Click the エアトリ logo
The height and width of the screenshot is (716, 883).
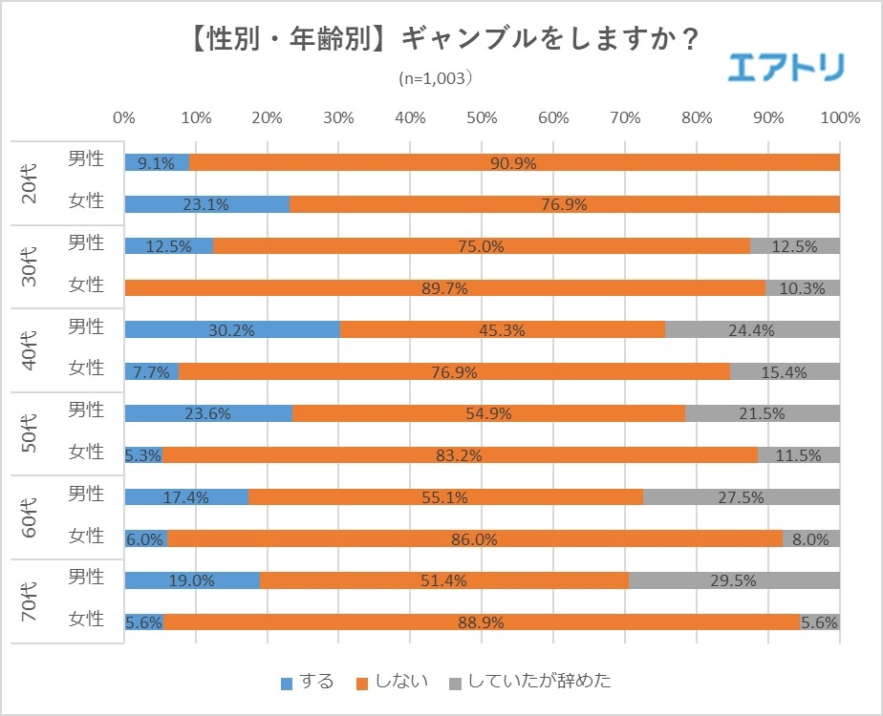[786, 67]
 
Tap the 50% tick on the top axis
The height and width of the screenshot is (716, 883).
[482, 117]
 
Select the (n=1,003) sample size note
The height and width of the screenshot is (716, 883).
[436, 79]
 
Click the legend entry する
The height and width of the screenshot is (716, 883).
[308, 682]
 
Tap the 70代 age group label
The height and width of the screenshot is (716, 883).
[30, 601]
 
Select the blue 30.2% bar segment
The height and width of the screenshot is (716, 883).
[232, 329]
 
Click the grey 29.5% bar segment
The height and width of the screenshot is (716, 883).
[734, 580]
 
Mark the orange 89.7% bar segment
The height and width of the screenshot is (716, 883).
[445, 287]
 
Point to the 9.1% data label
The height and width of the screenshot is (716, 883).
[156, 162]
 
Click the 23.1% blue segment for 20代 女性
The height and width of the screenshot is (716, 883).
[207, 204]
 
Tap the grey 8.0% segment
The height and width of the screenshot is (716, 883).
[810, 538]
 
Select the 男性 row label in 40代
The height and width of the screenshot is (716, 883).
[86, 326]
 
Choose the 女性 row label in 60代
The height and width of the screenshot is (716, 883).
[86, 536]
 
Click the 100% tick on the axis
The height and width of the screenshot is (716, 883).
[840, 117]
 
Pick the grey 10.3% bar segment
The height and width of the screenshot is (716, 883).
[803, 287]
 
